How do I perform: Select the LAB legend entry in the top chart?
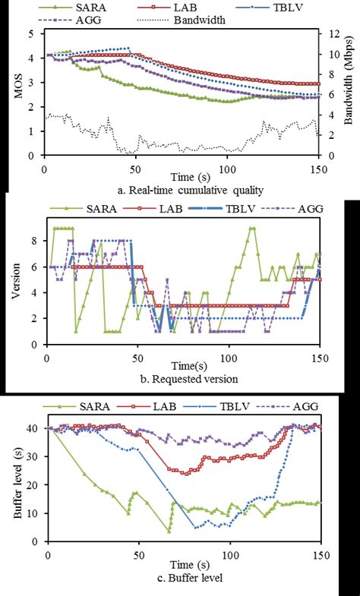[x=210, y=7]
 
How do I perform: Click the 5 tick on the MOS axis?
[x=30, y=33]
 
